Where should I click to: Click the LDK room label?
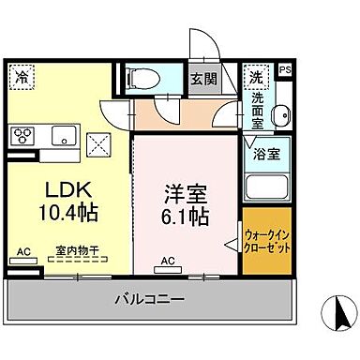coord(57,187)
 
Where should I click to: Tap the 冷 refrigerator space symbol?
coord(22,77)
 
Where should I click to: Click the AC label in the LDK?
coord(24,251)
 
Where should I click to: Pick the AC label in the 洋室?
coord(170,261)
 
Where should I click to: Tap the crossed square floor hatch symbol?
coord(98,145)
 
